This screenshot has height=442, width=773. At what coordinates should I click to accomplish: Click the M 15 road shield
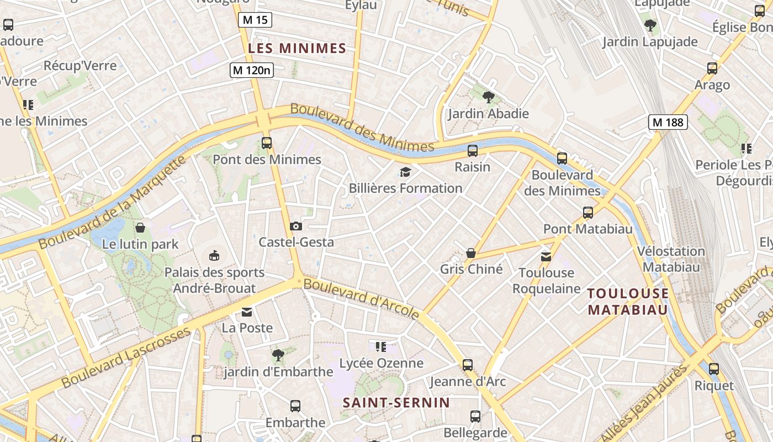(255, 20)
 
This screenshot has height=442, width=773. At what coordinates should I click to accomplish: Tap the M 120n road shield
(252, 70)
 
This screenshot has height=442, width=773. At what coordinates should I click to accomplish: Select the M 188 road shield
(668, 122)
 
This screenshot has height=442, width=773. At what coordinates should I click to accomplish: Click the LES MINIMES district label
(297, 49)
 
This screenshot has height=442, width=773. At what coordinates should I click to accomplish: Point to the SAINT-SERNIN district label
(396, 403)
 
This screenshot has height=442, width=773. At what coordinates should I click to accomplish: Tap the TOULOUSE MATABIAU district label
(628, 301)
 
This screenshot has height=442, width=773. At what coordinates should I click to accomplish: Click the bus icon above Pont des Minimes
(267, 143)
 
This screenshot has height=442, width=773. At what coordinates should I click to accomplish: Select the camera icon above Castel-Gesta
(296, 226)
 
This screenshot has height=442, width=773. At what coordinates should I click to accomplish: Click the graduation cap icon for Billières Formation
(406, 172)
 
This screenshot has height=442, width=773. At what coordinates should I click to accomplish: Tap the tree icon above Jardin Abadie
(488, 98)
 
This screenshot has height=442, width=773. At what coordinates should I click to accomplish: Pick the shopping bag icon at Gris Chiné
(471, 253)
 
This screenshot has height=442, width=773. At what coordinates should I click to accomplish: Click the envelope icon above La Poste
(247, 312)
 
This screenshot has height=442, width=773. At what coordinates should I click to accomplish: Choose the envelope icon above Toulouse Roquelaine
(546, 256)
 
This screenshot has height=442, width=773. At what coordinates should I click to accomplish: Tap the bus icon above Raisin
(473, 150)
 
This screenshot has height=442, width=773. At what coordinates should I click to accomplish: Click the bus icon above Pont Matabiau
(588, 213)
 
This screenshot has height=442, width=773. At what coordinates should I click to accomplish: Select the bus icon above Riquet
(714, 369)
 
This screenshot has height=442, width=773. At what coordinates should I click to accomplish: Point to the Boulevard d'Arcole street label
(362, 298)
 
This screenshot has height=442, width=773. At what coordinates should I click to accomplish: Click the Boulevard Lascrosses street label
(126, 357)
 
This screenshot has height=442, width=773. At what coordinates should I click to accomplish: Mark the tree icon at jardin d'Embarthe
(278, 355)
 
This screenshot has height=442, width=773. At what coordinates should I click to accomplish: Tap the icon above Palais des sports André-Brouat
(214, 255)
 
